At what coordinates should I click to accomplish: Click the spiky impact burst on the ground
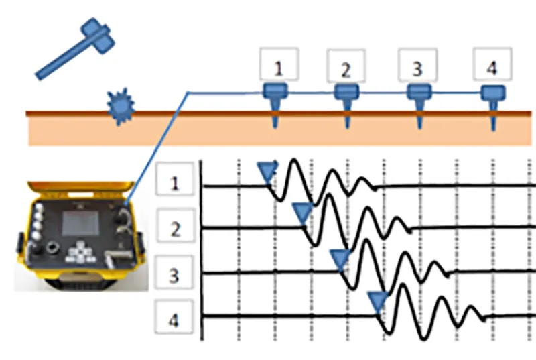coord(121,106)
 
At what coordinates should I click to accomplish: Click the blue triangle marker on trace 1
coord(267,172)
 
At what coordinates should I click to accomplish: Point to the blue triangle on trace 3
coord(340,258)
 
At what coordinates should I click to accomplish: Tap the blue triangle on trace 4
coord(379,301)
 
